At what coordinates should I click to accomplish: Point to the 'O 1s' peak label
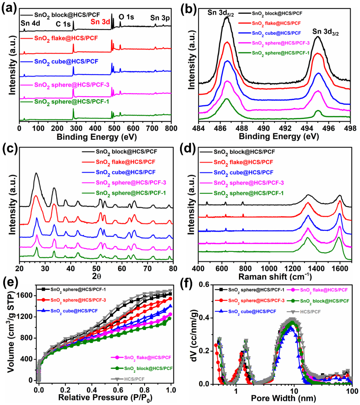point(126,17)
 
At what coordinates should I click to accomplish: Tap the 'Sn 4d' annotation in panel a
point(30,24)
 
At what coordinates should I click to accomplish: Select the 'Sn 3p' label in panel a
point(160,18)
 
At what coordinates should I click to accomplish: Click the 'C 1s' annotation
point(63,24)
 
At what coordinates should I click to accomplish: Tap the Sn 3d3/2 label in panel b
point(325,32)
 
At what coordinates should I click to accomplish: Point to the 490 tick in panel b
point(263,128)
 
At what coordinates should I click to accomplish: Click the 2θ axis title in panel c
point(96,276)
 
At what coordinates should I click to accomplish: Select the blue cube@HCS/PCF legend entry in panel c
point(125,172)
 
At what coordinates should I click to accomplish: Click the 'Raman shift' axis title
point(275,277)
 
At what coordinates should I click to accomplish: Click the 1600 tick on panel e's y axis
point(25,296)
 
